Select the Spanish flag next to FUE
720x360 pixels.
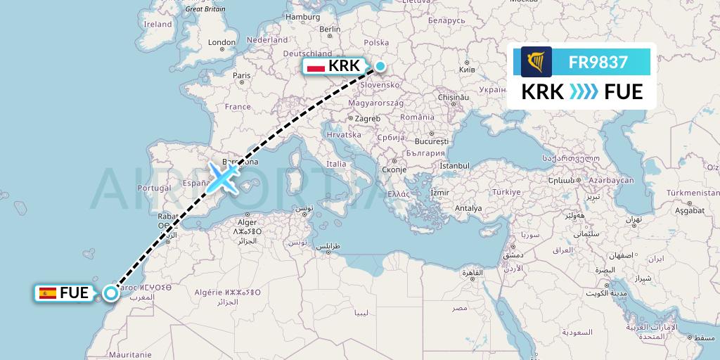(x=49, y=293)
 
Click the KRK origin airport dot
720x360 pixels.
(x=380, y=67)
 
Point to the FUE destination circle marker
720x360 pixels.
(x=110, y=293)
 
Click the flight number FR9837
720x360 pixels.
(x=598, y=62)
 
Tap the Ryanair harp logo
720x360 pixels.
(x=536, y=62)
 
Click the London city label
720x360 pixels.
(x=221, y=42)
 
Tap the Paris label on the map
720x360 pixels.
(x=242, y=75)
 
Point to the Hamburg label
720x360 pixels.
(x=303, y=17)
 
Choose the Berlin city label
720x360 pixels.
(x=330, y=30)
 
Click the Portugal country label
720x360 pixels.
(x=155, y=188)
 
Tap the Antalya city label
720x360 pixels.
(x=468, y=208)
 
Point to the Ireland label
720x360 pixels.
(x=157, y=24)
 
